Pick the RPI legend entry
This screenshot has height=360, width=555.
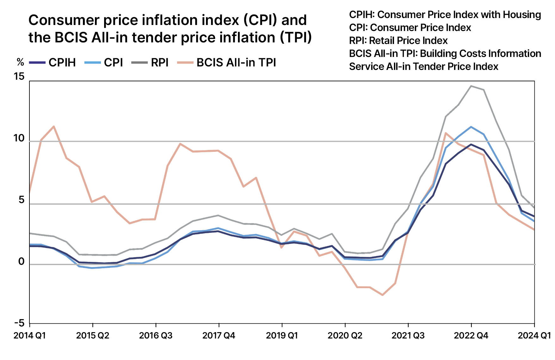coord(150,63)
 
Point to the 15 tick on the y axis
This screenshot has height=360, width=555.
coord(19,77)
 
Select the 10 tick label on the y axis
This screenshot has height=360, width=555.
coord(19,138)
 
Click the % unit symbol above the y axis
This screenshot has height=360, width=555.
coord(20,62)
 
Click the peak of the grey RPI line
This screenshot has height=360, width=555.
coord(471,86)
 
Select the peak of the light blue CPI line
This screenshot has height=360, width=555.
coord(471,127)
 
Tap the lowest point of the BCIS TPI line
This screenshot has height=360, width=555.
coord(383,295)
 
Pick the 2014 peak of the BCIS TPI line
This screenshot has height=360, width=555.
coord(54,127)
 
